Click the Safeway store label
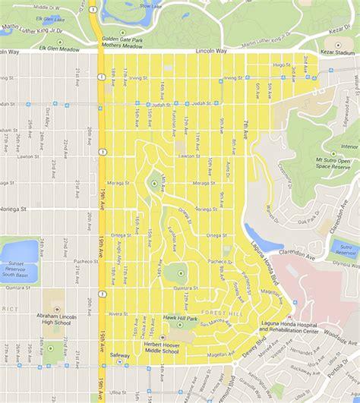pos(120,355)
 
